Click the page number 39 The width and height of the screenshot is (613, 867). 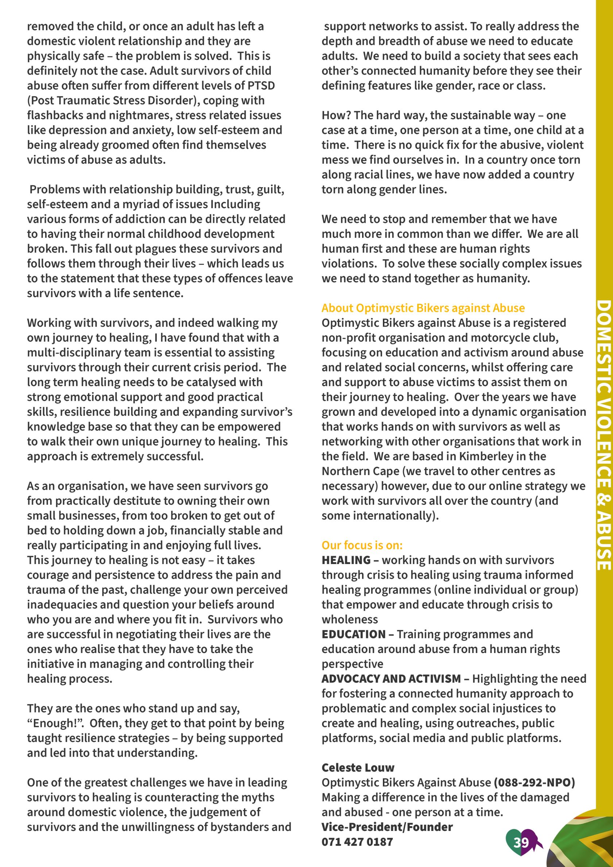tap(521, 842)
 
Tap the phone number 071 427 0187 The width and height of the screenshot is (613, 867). tap(357, 842)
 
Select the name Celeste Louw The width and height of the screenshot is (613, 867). tap(358, 768)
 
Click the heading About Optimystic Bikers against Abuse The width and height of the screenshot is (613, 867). tap(423, 308)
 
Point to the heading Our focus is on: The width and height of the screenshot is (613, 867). tap(362, 545)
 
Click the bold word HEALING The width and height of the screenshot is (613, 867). tap(346, 560)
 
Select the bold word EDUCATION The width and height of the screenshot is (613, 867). tap(353, 634)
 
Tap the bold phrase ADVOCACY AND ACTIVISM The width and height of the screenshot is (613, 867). tap(391, 679)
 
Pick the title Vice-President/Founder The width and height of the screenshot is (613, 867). tap(387, 827)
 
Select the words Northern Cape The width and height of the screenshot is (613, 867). tap(360, 471)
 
